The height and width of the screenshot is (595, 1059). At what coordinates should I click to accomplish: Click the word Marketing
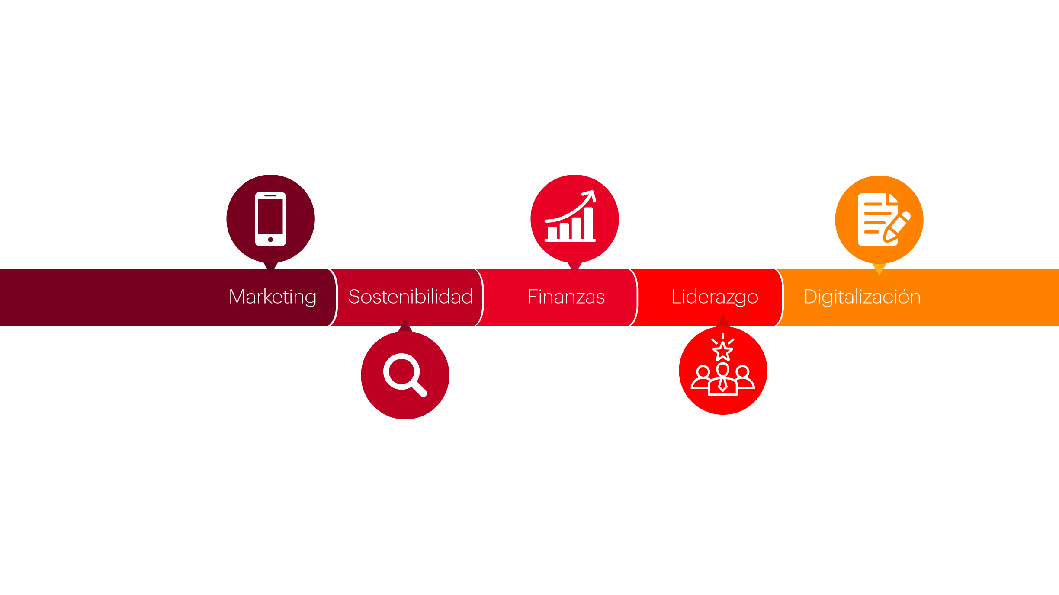(x=273, y=297)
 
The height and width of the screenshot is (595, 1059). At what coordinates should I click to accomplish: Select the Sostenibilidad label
(x=411, y=297)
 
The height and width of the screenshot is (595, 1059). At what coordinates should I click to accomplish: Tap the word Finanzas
(x=566, y=297)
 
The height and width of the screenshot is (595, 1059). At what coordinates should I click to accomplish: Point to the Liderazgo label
(x=715, y=297)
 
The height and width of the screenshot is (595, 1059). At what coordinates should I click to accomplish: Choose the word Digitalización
(x=862, y=297)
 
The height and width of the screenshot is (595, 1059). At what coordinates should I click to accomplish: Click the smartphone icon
(x=270, y=219)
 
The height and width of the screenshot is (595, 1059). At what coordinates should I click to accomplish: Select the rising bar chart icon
(x=570, y=216)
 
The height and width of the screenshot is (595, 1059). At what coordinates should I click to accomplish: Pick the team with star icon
(x=723, y=364)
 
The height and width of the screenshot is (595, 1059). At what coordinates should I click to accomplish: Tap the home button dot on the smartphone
(x=270, y=240)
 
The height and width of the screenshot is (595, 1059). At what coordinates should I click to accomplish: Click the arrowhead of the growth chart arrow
(x=590, y=195)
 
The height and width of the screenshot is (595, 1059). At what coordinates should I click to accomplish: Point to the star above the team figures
(x=723, y=351)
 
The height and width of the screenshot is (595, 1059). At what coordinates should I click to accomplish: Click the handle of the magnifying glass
(x=419, y=388)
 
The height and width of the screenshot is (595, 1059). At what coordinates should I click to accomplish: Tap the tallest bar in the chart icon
(x=588, y=223)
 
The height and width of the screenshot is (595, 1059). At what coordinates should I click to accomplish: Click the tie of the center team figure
(x=722, y=384)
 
